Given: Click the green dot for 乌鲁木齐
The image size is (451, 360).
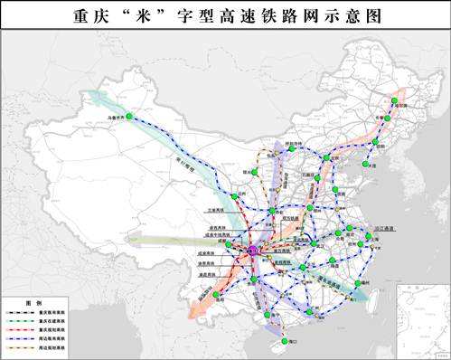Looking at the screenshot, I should pyautogui.click(x=130, y=117).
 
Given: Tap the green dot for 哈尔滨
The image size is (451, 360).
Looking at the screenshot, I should pyautogui.click(x=393, y=102).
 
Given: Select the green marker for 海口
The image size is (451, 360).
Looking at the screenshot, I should pyautogui.click(x=285, y=341).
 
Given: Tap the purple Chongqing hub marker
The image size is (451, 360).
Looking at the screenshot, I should pyautogui.click(x=254, y=250).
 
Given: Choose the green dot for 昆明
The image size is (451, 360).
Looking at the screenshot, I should pyautogui.click(x=217, y=295).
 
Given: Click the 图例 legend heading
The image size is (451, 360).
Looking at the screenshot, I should pyautogui.click(x=33, y=302).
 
